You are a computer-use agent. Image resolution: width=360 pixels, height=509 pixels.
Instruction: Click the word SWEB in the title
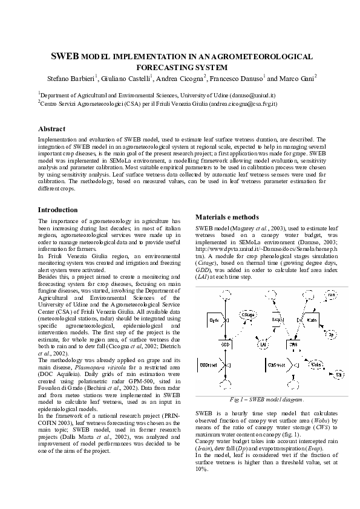click(65, 56)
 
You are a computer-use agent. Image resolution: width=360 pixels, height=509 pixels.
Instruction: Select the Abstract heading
click(52, 129)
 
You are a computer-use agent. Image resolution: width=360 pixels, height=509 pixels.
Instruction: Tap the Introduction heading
click(58, 210)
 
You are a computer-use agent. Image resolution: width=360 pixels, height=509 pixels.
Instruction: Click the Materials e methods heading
click(227, 217)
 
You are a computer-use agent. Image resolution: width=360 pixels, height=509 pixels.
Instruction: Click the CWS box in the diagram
click(293, 344)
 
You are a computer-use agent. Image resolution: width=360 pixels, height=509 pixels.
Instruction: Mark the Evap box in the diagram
click(278, 319)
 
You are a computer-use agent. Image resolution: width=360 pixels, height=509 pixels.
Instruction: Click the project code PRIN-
click(168, 417)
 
